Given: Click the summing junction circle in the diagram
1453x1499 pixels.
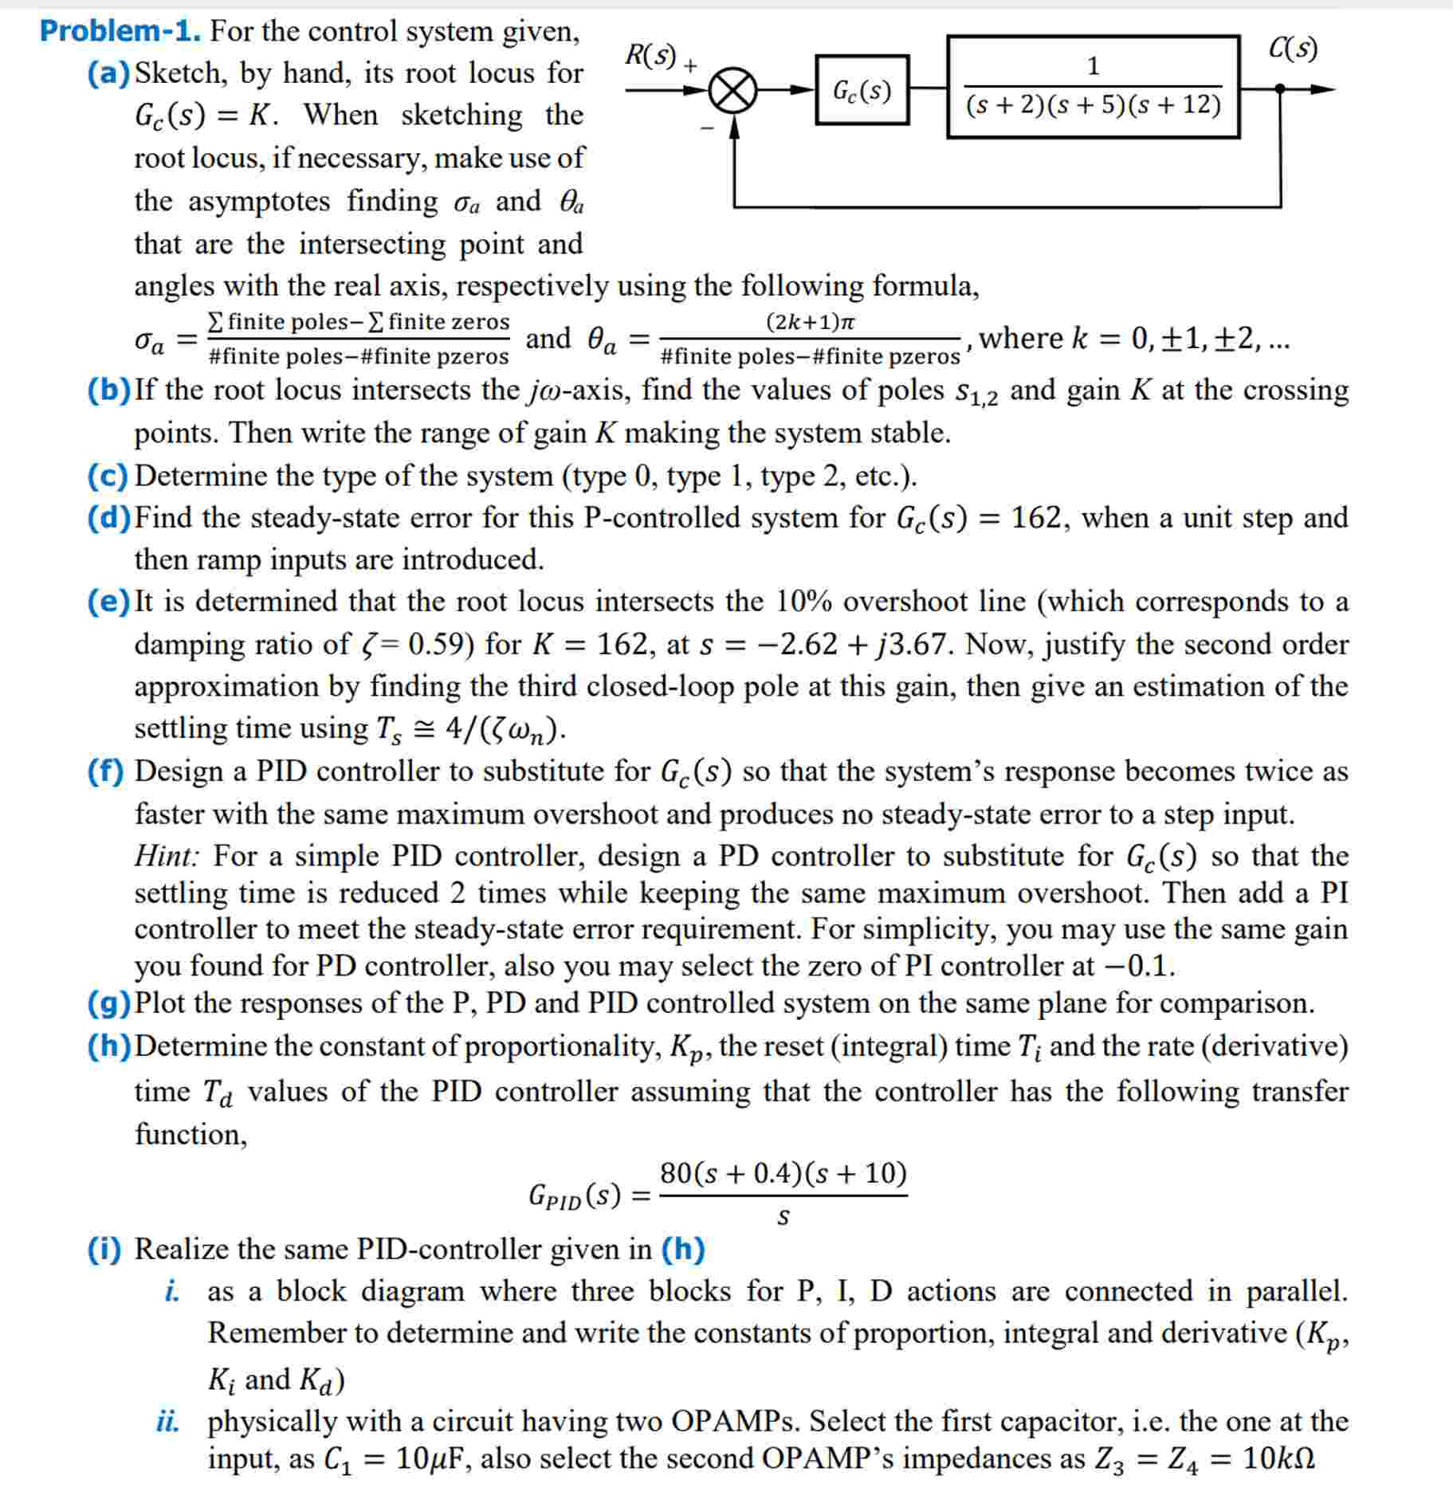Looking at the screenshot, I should pyautogui.click(x=732, y=91).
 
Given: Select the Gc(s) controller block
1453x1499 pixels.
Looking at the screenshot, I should pyautogui.click(x=862, y=90).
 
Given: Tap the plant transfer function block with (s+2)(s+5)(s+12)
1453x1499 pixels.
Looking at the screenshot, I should pyautogui.click(x=1093, y=87).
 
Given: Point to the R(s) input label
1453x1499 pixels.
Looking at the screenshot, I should pyautogui.click(x=650, y=55).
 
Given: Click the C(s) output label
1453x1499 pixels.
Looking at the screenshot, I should pyautogui.click(x=1293, y=49).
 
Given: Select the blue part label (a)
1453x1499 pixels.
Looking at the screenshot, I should pyautogui.click(x=108, y=73).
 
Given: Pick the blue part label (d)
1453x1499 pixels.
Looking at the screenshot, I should pyautogui.click(x=108, y=518).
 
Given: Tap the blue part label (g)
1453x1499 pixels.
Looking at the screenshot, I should pyautogui.click(x=108, y=1003).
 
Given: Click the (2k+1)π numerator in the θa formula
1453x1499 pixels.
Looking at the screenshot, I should pyautogui.click(x=810, y=322).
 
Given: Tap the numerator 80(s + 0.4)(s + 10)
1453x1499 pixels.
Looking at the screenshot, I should pyautogui.click(x=783, y=1174).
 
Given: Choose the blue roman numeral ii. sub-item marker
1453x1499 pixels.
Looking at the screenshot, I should pyautogui.click(x=167, y=1422).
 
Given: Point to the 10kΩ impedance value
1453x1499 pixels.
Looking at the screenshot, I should pyautogui.click(x=1278, y=1459).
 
